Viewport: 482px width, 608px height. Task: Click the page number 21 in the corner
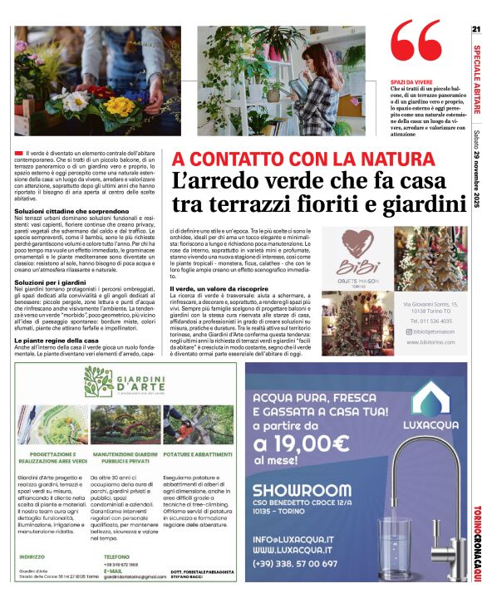(475, 30)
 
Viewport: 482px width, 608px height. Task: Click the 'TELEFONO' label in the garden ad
(116, 557)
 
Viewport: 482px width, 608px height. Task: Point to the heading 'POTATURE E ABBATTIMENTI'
(197, 456)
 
